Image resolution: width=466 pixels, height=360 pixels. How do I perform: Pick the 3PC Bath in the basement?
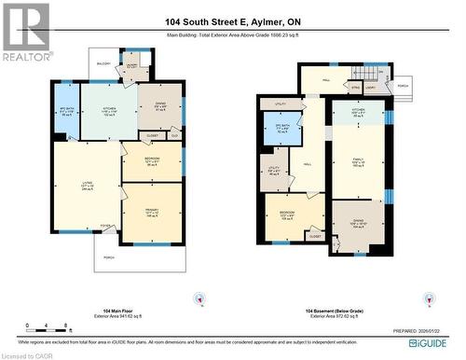pos(282,129)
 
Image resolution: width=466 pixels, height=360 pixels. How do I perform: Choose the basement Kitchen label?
pos(358,110)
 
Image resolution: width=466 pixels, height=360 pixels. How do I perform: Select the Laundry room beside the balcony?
pos(131,68)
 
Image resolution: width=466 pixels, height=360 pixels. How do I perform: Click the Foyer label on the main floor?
pos(105,226)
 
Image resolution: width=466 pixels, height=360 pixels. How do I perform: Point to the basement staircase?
pos(374,74)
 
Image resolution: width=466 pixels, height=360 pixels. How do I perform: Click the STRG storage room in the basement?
pos(355,89)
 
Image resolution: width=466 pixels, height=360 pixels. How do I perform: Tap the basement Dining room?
pos(358,224)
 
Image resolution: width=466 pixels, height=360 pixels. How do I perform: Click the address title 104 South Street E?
pos(232,21)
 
